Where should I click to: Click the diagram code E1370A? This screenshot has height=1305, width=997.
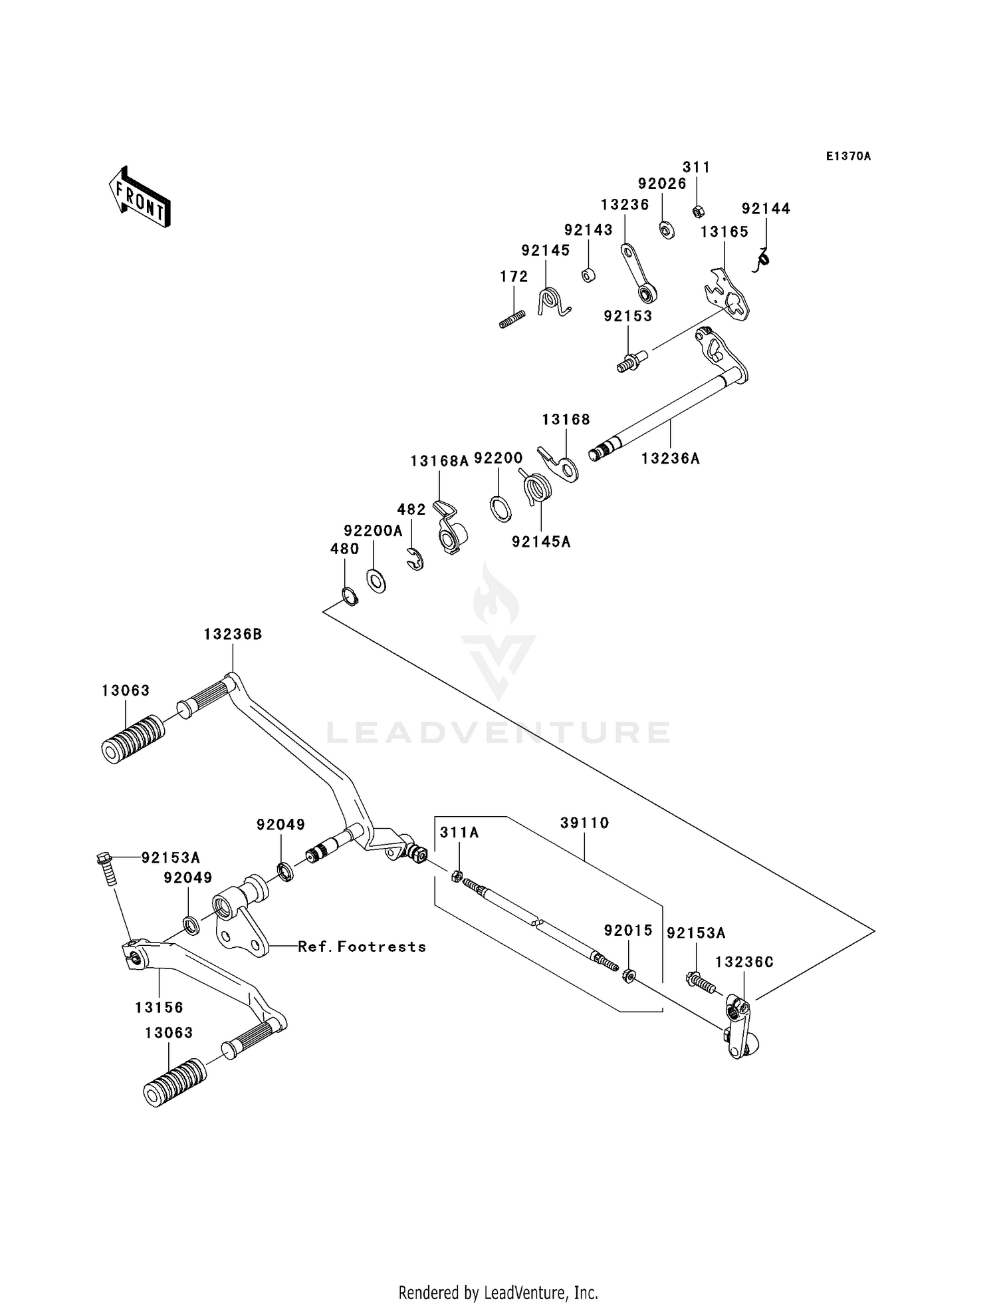848,156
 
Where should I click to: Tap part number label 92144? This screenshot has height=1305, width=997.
766,209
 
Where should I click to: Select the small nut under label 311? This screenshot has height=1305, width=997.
698,212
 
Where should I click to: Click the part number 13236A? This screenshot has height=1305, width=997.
670,458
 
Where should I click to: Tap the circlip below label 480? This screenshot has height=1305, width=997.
350,597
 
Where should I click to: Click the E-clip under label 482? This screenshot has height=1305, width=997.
415,559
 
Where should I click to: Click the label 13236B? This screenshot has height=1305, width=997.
233,635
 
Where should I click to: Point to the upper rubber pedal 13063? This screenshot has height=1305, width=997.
133,739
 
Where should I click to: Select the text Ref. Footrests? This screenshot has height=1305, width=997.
362,946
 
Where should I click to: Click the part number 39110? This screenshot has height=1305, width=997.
584,823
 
